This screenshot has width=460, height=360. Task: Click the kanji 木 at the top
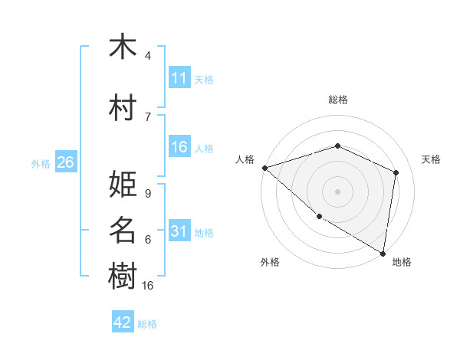pyautogui.click(x=123, y=47)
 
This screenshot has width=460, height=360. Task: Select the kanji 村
pyautogui.click(x=123, y=108)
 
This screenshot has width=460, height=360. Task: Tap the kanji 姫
pyautogui.click(x=123, y=184)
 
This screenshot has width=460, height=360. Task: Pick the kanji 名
pyautogui.click(x=123, y=230)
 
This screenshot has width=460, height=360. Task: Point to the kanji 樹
pyautogui.click(x=123, y=276)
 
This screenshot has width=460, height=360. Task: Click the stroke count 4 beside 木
pyautogui.click(x=148, y=56)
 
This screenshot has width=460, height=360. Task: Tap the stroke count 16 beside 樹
pyautogui.click(x=148, y=285)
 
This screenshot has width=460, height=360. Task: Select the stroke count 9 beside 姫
pyautogui.click(x=148, y=193)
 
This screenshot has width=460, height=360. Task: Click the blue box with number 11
pyautogui.click(x=179, y=78)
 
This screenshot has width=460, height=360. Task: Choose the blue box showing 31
pyautogui.click(x=179, y=231)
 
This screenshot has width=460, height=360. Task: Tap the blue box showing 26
pyautogui.click(x=65, y=162)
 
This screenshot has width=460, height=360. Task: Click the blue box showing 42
pyautogui.click(x=123, y=322)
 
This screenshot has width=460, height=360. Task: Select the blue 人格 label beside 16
pyautogui.click(x=204, y=149)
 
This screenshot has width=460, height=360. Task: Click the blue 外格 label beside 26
pyautogui.click(x=40, y=163)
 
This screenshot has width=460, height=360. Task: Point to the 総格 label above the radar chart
pyautogui.click(x=338, y=100)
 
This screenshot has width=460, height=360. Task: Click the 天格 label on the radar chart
pyautogui.click(x=432, y=159)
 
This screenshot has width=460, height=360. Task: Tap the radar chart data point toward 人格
pyautogui.click(x=264, y=168)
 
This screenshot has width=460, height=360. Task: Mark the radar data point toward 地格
pyautogui.click(x=383, y=252)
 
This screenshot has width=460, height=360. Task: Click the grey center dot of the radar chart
pyautogui.click(x=337, y=191)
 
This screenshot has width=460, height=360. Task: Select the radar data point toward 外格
pyautogui.click(x=319, y=216)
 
